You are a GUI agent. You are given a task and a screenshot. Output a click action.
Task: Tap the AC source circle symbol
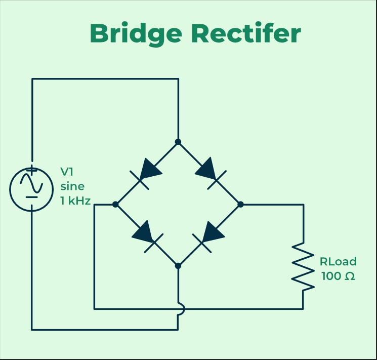pos(31,188)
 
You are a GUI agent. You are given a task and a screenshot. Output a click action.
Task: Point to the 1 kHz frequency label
pos(75,201)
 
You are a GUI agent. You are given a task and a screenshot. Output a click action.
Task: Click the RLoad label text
pos(338,262)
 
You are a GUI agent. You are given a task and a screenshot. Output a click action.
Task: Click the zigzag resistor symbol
pos(303,267)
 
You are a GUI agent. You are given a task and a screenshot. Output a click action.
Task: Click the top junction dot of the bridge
pos(178,142)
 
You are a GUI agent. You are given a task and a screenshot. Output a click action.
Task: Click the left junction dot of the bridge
pos(115,204)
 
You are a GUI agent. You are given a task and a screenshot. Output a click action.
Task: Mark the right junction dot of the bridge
pos(241,204)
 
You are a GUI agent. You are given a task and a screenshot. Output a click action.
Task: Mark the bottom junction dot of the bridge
pos(178,265)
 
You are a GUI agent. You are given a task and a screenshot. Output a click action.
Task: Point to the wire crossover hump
pos(180,308)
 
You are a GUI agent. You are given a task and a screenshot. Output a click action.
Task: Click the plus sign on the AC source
pos(31,171)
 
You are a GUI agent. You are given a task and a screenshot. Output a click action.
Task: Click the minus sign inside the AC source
pos(31,196)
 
